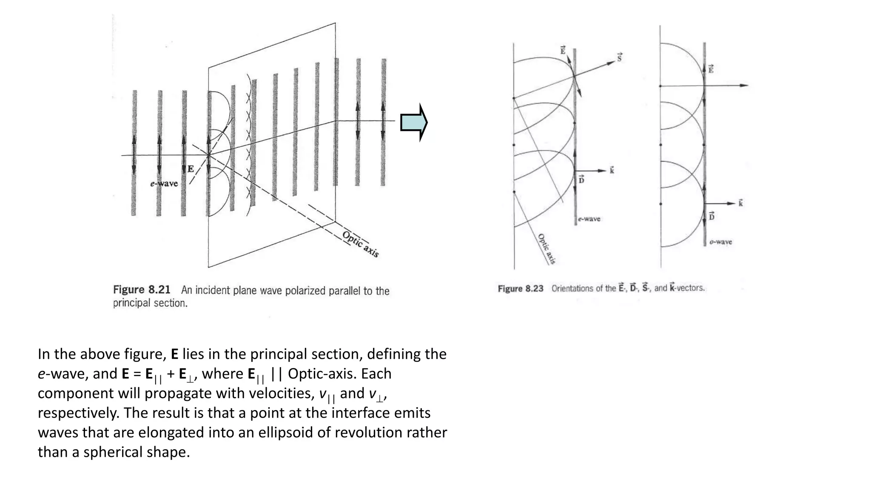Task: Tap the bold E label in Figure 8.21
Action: point(191,169)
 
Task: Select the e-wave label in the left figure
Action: point(164,184)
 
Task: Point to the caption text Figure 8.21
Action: point(142,290)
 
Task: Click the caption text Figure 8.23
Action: point(521,288)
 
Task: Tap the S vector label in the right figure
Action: point(620,57)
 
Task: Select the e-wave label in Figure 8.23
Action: point(589,219)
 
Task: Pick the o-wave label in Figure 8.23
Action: point(721,242)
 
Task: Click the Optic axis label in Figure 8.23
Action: point(547,249)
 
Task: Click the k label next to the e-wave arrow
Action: point(612,170)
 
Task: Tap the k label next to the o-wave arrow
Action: point(740,203)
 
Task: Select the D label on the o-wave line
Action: point(712,216)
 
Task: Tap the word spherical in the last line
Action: point(112,452)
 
